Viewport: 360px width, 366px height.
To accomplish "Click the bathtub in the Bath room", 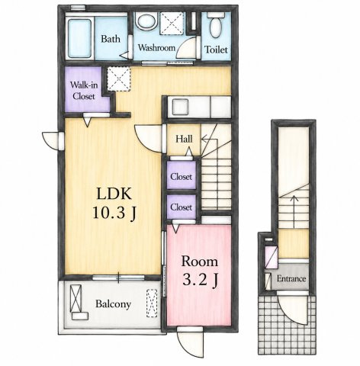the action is [x=80, y=39].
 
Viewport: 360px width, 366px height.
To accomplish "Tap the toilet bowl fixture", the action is [x=216, y=24].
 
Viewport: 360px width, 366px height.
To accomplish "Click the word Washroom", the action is [x=156, y=48].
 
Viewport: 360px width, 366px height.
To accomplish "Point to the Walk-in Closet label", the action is [x=84, y=90].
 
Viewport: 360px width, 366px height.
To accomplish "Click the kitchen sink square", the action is [x=181, y=107].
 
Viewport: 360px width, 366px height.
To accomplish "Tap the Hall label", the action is [x=184, y=139].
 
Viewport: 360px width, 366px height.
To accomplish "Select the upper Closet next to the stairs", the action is [x=182, y=175].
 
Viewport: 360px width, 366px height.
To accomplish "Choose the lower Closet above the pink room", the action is [x=182, y=207].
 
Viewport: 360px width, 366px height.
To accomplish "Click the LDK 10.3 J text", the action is [x=114, y=204].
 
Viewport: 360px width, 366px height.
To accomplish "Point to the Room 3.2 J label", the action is [x=200, y=271].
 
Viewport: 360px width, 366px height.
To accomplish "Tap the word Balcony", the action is [x=114, y=304].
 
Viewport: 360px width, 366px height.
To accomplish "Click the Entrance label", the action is [x=291, y=279].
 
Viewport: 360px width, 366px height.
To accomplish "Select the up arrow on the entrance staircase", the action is [x=294, y=211].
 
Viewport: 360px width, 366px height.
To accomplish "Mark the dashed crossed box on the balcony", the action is [x=152, y=303].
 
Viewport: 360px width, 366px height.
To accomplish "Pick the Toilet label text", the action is [x=216, y=50].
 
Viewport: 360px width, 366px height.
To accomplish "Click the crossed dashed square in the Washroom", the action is [x=172, y=24].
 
